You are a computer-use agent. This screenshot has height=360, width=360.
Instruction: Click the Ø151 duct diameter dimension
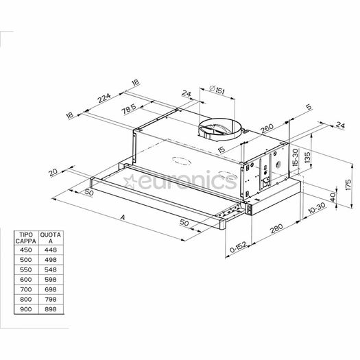(217, 90)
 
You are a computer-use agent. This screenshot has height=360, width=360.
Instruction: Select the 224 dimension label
(104, 98)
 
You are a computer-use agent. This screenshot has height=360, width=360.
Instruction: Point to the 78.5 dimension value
(129, 109)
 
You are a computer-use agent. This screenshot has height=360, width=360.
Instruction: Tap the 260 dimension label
(267, 129)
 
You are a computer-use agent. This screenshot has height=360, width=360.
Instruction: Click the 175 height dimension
(348, 185)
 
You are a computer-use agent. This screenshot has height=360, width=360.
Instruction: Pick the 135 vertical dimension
(307, 157)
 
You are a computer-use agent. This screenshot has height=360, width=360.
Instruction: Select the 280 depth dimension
(276, 228)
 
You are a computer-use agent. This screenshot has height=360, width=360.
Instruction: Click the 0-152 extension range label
(238, 247)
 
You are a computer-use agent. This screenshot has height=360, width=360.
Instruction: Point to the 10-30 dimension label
(317, 208)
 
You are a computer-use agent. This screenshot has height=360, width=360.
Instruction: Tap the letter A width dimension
(123, 217)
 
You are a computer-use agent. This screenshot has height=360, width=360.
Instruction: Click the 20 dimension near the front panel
(53, 172)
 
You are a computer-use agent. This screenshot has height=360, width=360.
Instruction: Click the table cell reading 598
(51, 279)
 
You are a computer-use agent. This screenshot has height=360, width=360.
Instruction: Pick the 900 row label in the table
(26, 309)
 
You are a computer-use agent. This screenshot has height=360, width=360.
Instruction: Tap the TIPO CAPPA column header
(26, 238)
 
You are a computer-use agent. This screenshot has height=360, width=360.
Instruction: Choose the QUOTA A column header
(51, 238)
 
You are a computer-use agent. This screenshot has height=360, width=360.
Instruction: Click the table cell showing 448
(51, 250)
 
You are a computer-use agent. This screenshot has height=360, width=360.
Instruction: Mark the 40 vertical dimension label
(333, 197)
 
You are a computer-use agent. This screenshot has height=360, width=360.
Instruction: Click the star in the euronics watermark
(130, 181)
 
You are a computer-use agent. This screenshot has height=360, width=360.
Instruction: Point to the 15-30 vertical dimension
(296, 157)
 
